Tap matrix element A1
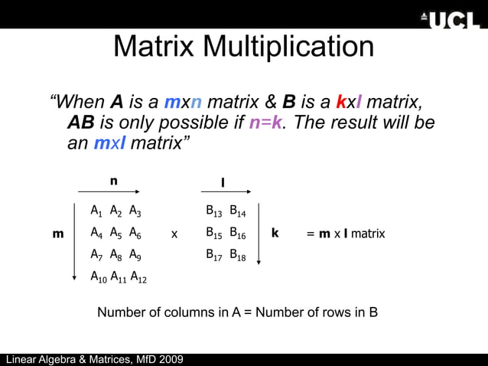coord(96,211)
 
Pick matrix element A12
coord(138,277)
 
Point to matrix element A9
coord(135,256)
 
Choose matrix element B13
coord(213,211)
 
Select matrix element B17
coord(213,256)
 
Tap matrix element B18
coord(237,256)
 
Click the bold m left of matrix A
coord(58,234)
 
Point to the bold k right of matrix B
coord(275,233)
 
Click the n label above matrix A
coord(113,181)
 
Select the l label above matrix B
coord(223,182)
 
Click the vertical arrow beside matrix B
coord(259,233)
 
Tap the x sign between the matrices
coord(174,234)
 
